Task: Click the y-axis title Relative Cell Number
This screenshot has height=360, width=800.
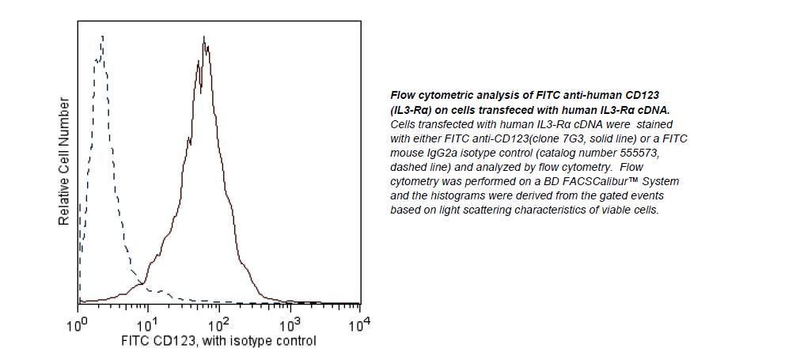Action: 64,162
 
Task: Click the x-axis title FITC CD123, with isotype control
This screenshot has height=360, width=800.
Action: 218,341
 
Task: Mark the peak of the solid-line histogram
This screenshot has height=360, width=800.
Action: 204,37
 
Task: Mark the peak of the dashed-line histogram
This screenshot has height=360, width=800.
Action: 102,36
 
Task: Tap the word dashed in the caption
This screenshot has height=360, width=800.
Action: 410,167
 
